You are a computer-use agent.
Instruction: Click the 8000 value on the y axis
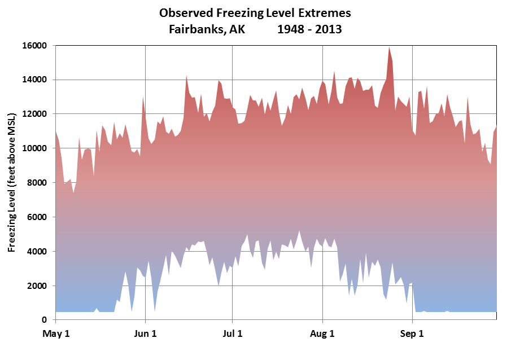[37, 183]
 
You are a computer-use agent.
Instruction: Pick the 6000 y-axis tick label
[37, 217]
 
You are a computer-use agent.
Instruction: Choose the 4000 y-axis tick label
[37, 252]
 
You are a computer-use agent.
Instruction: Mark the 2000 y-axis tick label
[37, 286]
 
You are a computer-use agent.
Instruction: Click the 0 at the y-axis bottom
[45, 320]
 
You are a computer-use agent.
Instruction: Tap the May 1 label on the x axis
[56, 334]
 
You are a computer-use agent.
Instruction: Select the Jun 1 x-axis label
[146, 334]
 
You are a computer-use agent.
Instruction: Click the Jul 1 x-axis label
[233, 334]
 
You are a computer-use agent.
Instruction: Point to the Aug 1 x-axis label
[323, 334]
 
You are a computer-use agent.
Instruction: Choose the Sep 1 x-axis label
[412, 334]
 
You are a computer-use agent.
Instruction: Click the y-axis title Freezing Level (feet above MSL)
[12, 182]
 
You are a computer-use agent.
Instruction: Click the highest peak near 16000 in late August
[389, 48]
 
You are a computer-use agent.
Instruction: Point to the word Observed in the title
[184, 13]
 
